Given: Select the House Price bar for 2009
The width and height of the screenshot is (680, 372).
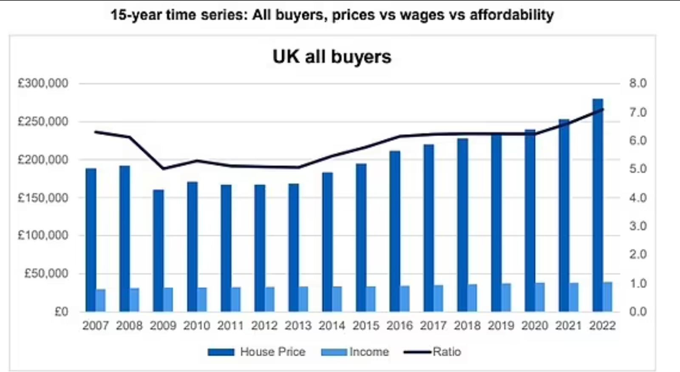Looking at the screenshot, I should click(x=158, y=250).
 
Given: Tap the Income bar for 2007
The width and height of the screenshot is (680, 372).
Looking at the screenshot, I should click(x=101, y=300).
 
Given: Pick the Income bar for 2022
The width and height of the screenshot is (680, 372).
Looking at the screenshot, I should click(x=608, y=296).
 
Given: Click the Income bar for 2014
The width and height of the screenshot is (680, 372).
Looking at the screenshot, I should click(x=337, y=299).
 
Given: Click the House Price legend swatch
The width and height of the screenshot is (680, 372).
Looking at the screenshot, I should click(x=221, y=352).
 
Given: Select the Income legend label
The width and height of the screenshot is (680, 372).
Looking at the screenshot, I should click(x=369, y=352).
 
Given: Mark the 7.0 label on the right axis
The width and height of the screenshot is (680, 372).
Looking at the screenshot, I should click(x=637, y=112).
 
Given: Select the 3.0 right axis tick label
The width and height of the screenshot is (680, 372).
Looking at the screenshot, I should click(x=637, y=226).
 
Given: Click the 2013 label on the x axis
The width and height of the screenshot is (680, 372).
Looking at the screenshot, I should click(x=298, y=326).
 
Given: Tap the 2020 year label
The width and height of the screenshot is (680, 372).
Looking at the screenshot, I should click(x=535, y=326).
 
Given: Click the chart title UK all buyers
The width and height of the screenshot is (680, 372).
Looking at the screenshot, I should click(x=332, y=57).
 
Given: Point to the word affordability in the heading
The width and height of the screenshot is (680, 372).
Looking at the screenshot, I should click(x=512, y=15).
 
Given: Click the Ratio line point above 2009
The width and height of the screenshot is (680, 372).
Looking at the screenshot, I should click(x=163, y=169).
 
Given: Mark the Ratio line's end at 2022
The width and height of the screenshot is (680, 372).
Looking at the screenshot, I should click(x=603, y=109).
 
